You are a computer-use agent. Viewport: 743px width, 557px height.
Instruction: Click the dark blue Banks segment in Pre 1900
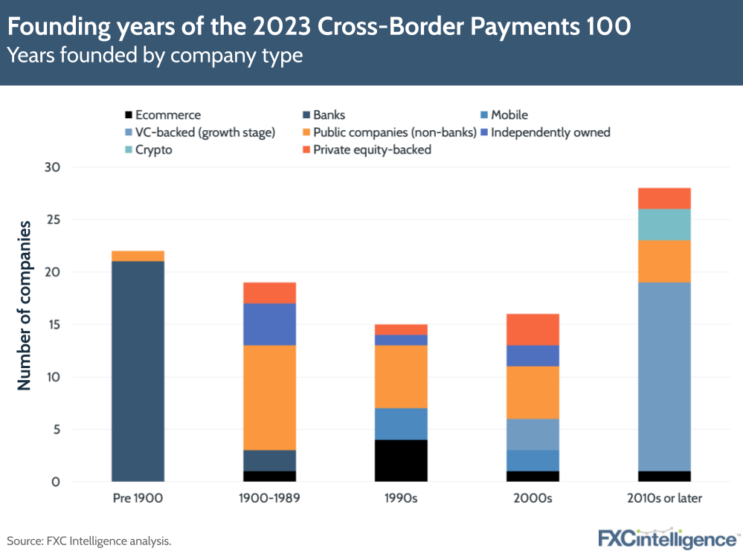point(138,372)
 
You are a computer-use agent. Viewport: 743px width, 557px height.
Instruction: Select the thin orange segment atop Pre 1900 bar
point(138,256)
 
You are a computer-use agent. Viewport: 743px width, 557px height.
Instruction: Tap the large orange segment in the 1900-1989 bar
point(269,398)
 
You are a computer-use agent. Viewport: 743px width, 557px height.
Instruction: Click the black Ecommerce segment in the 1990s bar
point(401,460)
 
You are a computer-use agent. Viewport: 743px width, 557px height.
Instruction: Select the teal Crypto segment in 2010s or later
point(664,225)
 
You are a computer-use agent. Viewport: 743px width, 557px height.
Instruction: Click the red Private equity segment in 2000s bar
point(533,329)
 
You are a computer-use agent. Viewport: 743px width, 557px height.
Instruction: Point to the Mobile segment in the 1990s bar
point(401,424)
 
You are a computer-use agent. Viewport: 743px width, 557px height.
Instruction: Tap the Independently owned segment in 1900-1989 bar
point(269,324)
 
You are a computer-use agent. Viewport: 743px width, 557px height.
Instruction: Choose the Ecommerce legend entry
point(167,115)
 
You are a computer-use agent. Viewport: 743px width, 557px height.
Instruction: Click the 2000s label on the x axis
point(533,498)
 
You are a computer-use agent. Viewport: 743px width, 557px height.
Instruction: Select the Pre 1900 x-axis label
point(138,498)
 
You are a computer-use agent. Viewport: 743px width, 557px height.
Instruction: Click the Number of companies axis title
point(24,305)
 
